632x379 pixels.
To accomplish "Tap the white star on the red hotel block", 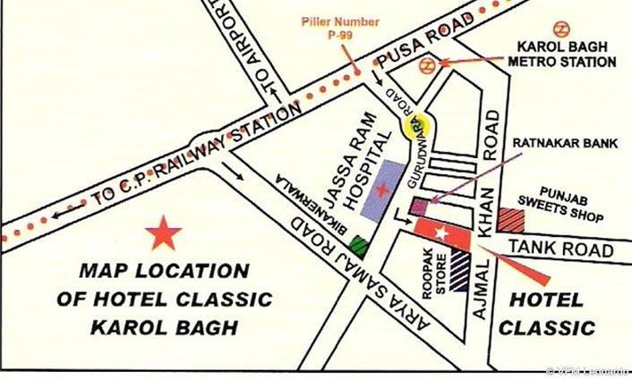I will pyautogui.click(x=440, y=233).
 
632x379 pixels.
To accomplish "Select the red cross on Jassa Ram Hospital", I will pyautogui.click(x=383, y=189).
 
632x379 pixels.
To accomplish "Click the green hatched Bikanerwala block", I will pyautogui.click(x=360, y=245).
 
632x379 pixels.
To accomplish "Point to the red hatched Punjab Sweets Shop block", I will pyautogui.click(x=512, y=219).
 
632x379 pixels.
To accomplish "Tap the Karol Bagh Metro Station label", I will pyautogui.click(x=563, y=55).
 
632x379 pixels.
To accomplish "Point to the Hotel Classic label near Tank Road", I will pyautogui.click(x=546, y=313).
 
